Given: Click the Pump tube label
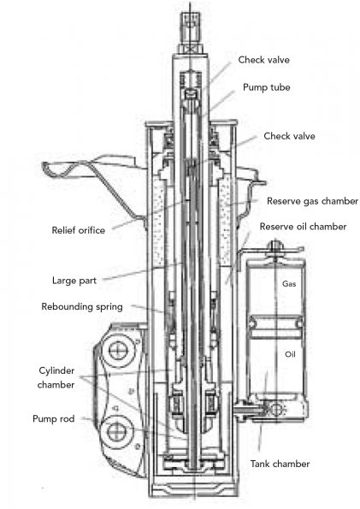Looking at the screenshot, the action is click(267, 87).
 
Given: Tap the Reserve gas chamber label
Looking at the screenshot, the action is click(312, 201).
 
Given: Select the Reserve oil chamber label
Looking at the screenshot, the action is click(303, 226).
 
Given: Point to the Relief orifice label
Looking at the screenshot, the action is click(79, 230).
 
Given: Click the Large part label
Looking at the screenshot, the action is click(74, 281).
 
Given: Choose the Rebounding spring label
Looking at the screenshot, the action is click(82, 307).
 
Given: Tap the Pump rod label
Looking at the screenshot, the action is click(54, 419).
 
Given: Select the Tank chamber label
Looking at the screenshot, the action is click(280, 464).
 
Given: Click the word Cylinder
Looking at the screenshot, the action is click(56, 370).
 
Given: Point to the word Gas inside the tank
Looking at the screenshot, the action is click(289, 284).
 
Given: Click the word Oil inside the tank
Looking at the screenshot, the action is click(290, 354).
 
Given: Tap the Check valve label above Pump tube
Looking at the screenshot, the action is click(264, 60).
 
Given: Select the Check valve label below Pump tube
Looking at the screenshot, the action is click(289, 136).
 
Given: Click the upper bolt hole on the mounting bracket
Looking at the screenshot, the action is click(116, 350).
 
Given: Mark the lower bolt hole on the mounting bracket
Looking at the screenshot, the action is click(116, 432).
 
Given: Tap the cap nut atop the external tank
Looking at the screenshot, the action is click(275, 246).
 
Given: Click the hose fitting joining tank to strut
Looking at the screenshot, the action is click(250, 410).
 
